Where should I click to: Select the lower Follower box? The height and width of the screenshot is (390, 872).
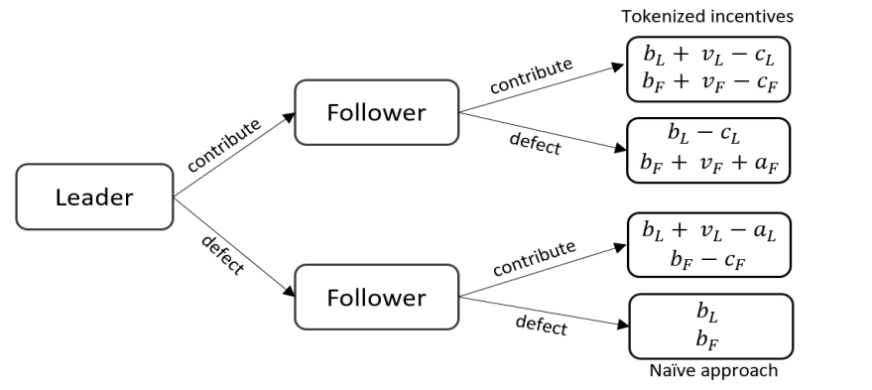pyautogui.click(x=376, y=297)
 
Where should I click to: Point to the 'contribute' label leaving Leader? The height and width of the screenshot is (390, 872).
pyautogui.click(x=223, y=144)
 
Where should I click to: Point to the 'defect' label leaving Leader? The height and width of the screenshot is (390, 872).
pyautogui.click(x=221, y=254)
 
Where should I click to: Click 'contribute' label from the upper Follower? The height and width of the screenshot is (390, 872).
pyautogui.click(x=531, y=77)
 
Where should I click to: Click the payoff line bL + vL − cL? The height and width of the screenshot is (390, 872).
pyautogui.click(x=708, y=57)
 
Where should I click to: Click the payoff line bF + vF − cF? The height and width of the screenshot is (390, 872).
pyautogui.click(x=708, y=84)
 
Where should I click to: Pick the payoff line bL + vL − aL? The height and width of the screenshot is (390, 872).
pyautogui.click(x=708, y=232)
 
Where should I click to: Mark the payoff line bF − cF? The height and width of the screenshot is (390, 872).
pyautogui.click(x=708, y=260)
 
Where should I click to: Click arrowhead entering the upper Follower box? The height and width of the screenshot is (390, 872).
pyautogui.click(x=289, y=115)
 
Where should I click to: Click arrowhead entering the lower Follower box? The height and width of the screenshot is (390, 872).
pyautogui.click(x=289, y=294)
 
